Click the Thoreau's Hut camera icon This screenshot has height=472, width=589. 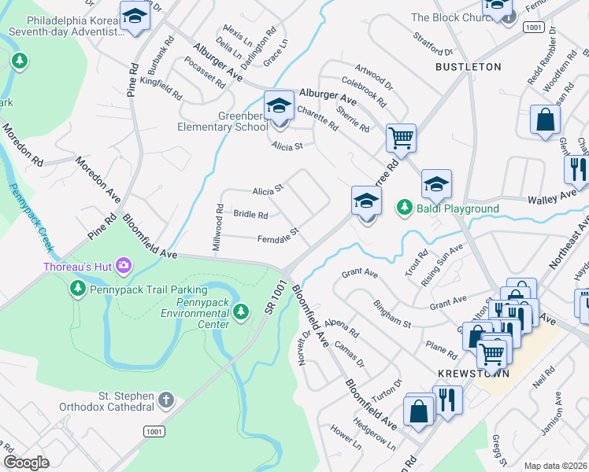point(124,265)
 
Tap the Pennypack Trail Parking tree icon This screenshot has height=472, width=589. point(78,289)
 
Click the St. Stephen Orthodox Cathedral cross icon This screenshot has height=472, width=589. point(165,400)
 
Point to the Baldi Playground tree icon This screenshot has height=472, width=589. point(404,207)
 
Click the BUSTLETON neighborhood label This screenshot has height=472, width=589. point(469,67)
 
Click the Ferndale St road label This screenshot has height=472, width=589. point(279,235)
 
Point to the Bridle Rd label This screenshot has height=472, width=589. point(250,214)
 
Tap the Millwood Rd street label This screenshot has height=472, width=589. point(217,228)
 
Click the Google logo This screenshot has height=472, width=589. point(26,462)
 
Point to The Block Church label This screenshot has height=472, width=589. point(450,17)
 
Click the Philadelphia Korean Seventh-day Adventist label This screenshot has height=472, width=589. point(65,26)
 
